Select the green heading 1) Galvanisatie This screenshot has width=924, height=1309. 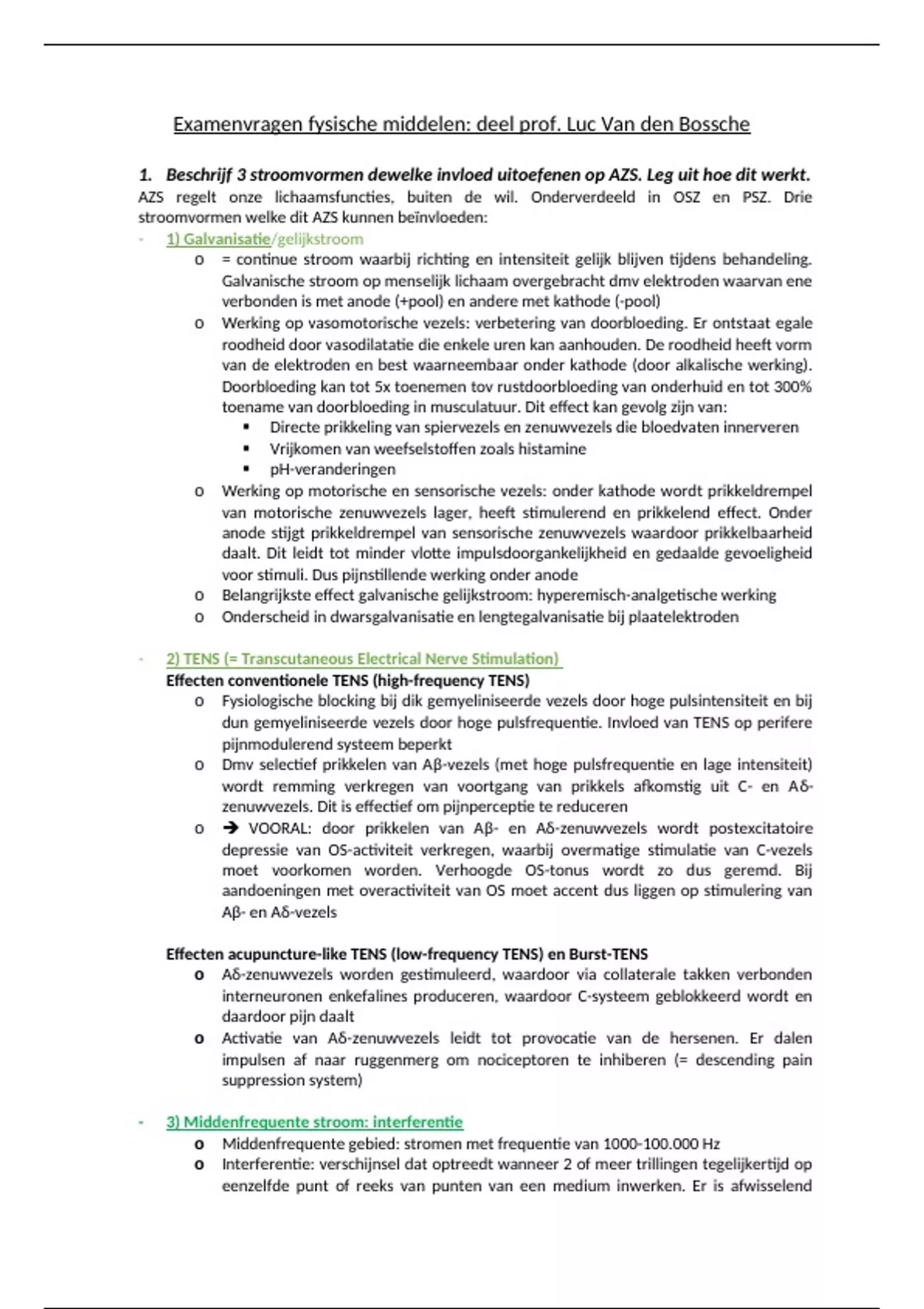pos(218,239)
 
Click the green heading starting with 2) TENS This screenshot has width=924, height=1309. pos(363,659)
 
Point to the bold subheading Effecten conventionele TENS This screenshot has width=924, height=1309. pos(347,681)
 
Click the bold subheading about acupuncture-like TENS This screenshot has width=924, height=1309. pos(407,954)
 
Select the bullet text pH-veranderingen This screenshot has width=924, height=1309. pos(332,470)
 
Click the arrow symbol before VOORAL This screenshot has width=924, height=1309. pos(230,829)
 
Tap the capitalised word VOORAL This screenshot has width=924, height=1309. pos(280,829)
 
